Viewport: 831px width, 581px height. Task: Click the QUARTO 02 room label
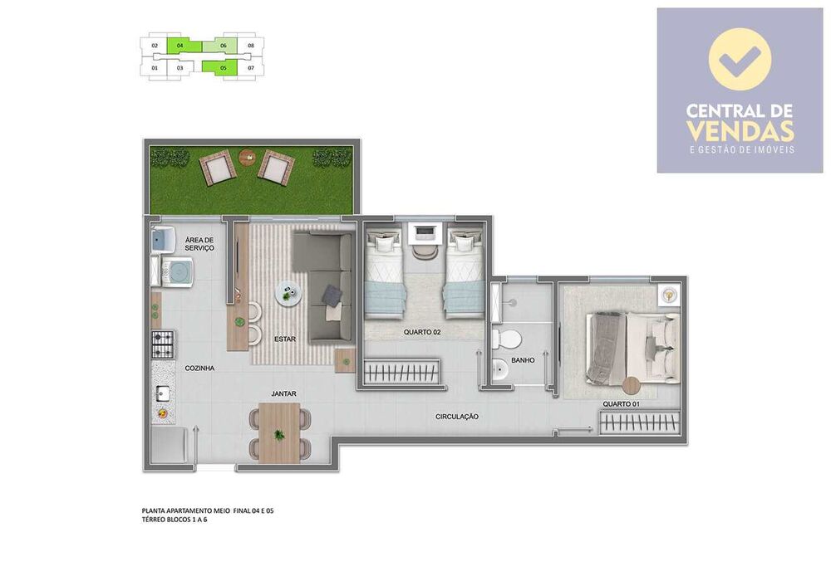click(x=421, y=332)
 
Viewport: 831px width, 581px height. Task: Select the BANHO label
click(x=524, y=360)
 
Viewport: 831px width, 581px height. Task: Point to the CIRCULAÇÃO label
click(x=456, y=417)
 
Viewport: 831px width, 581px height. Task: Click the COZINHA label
click(x=200, y=368)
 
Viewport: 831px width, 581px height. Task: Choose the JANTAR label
click(x=283, y=393)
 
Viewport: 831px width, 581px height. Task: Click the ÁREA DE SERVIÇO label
click(x=199, y=243)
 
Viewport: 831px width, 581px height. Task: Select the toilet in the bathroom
click(x=506, y=339)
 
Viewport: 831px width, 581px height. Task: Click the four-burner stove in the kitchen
click(x=162, y=341)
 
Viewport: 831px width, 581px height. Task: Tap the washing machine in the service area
click(x=177, y=270)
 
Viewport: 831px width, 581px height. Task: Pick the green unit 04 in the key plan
click(x=179, y=46)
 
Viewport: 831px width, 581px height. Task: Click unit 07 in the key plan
click(x=250, y=67)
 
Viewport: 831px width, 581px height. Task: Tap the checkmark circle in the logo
click(x=740, y=60)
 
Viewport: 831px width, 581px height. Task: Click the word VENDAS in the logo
click(x=740, y=131)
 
